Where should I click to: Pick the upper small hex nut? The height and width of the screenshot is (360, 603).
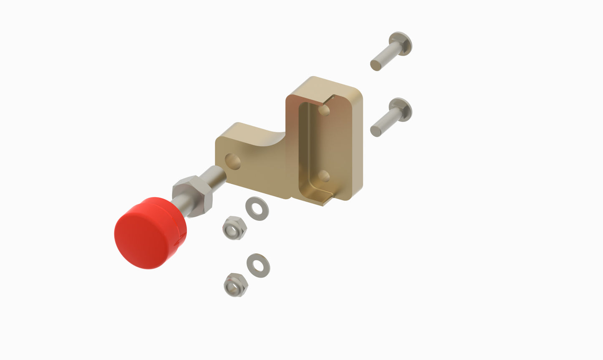235,228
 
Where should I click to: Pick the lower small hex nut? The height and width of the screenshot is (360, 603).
236,285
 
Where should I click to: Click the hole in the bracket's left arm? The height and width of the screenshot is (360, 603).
233,161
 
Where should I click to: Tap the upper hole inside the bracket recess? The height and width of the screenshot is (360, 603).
324,110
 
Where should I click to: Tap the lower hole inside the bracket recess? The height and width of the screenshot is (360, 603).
324,176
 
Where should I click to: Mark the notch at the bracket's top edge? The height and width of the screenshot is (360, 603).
332,99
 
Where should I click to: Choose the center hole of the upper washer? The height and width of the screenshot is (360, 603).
257,208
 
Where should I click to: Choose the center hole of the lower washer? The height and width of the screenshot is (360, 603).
258,265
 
